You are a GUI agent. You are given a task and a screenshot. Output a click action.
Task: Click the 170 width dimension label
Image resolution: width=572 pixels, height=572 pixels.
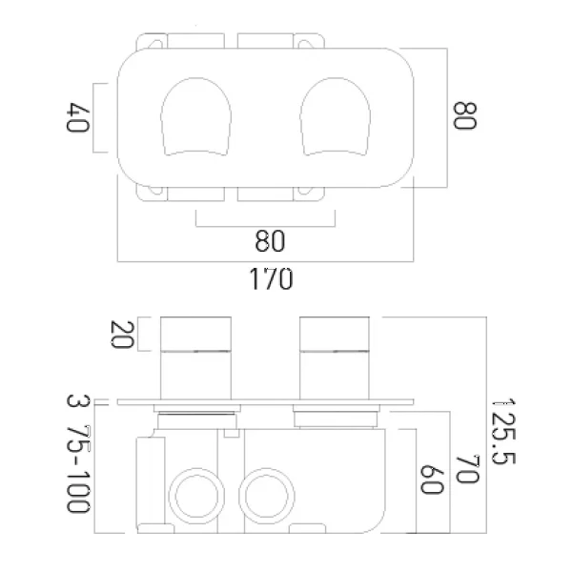(271, 278)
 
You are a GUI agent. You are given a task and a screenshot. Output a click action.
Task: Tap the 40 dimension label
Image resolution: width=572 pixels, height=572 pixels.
(78, 117)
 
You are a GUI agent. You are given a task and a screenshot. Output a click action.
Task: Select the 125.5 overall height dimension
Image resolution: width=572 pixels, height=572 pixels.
(503, 432)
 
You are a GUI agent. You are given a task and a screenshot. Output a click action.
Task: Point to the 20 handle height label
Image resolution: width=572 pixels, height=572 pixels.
(122, 335)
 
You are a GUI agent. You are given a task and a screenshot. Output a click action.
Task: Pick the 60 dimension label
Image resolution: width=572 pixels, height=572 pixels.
(432, 480)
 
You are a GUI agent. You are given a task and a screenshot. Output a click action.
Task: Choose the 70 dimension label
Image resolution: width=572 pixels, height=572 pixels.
(467, 469)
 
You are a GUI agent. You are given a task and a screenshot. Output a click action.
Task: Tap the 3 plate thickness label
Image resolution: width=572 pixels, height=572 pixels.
(78, 400)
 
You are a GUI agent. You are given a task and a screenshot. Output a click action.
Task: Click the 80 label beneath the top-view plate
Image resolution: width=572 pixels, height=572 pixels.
(270, 241)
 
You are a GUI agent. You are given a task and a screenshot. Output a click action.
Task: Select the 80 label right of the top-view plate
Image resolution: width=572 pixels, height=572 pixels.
(465, 115)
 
